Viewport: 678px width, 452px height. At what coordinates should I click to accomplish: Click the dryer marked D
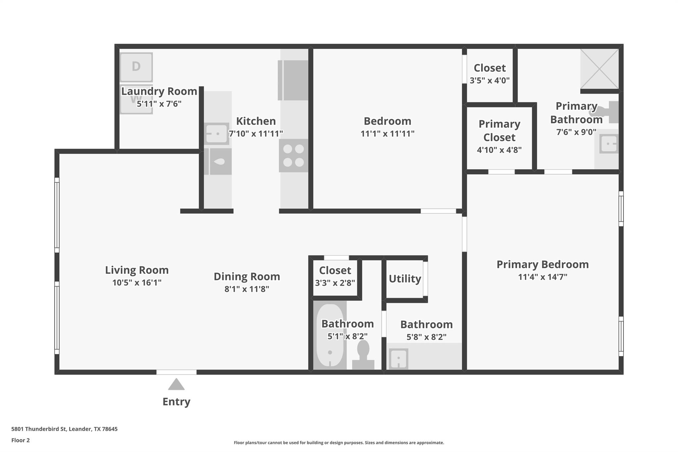click(x=136, y=67)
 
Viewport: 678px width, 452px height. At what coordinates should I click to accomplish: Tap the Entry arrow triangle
click(x=176, y=385)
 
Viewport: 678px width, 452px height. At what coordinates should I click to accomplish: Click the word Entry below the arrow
click(x=176, y=402)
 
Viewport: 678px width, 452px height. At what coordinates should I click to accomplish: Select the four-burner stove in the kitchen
click(x=293, y=156)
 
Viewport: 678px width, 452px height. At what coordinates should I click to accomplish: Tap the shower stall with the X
click(x=600, y=69)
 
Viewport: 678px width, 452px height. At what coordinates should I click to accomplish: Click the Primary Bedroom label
click(x=542, y=264)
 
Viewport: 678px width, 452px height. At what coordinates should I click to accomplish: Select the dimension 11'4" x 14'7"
click(x=542, y=277)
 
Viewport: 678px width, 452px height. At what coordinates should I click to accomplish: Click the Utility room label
click(x=405, y=279)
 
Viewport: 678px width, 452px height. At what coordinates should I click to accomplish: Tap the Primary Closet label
click(x=499, y=130)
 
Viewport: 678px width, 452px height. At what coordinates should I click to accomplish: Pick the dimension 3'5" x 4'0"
click(x=489, y=80)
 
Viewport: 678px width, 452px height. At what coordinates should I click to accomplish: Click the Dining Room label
click(x=247, y=276)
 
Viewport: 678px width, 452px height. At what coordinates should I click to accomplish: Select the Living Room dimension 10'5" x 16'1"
click(x=137, y=282)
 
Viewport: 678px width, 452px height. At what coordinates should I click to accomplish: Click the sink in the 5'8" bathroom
click(x=399, y=358)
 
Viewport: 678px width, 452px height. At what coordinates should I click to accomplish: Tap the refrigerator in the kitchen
click(x=293, y=80)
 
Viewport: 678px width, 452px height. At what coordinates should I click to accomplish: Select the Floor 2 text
click(x=21, y=440)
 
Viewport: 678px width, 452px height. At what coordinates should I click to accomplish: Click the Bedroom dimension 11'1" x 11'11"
click(x=387, y=134)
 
